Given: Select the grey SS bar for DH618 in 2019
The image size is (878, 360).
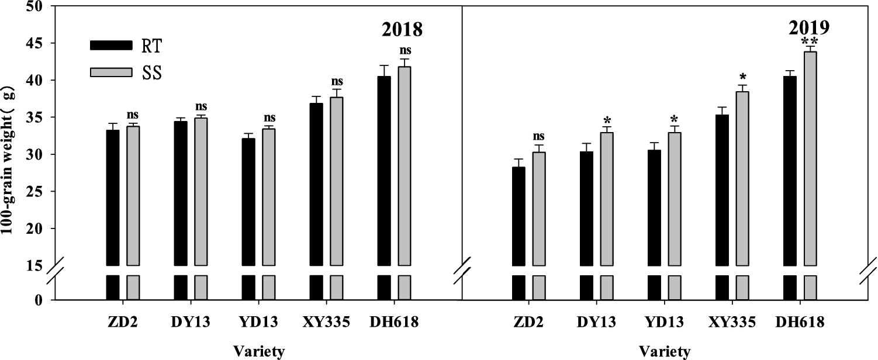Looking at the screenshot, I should coord(810,158).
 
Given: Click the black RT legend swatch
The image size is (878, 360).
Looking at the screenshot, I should coord(111,45).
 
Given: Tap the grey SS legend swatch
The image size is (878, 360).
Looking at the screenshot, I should coord(111,72).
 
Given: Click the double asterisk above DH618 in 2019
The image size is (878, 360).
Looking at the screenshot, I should coord(810,40).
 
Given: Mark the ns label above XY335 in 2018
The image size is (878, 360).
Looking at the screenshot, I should coord(337,81).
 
